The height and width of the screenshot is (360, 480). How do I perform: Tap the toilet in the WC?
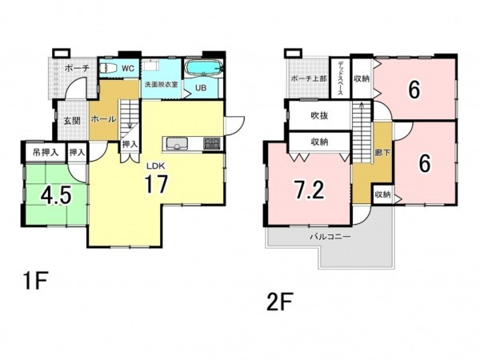108,68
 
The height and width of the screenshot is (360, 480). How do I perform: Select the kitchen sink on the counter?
177,143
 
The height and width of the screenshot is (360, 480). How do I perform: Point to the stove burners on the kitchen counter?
212,143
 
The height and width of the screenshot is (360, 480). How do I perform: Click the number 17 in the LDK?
156,184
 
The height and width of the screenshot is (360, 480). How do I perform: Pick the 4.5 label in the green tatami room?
56,195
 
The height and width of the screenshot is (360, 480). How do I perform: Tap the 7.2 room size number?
309,190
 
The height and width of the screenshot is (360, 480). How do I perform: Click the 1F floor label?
34,281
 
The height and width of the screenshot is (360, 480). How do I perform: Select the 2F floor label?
279,302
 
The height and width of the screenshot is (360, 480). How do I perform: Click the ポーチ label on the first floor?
77,68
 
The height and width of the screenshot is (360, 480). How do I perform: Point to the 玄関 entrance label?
72,121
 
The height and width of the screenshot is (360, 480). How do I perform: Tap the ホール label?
103,118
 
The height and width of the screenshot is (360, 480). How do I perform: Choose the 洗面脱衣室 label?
162,84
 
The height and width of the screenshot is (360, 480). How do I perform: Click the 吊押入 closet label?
46,152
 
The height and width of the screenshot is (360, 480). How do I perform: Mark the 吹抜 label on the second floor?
319,115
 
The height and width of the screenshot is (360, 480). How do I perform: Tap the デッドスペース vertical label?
341,78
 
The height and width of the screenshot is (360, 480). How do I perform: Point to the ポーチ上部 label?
309,78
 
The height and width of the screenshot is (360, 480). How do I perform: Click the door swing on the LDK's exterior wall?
234,126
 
